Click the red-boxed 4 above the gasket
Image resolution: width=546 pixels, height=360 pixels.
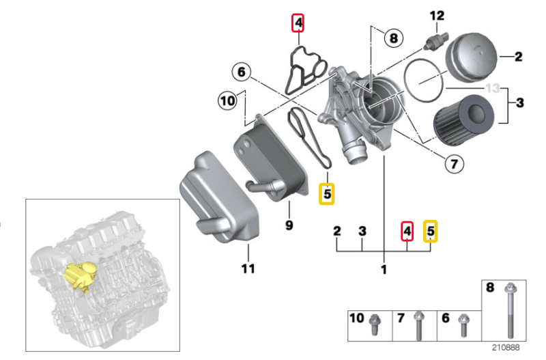click(298, 24)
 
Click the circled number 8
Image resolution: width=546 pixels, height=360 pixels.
click(392, 38)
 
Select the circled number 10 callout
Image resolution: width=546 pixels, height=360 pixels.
click(227, 102)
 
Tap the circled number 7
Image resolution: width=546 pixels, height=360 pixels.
click(452, 163)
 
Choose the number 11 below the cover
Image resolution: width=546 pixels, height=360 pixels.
click(248, 268)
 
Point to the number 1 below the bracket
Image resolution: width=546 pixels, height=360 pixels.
click(384, 270)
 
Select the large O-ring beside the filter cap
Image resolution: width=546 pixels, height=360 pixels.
click(424, 81)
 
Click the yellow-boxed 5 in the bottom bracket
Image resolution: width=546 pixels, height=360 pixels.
click(430, 232)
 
